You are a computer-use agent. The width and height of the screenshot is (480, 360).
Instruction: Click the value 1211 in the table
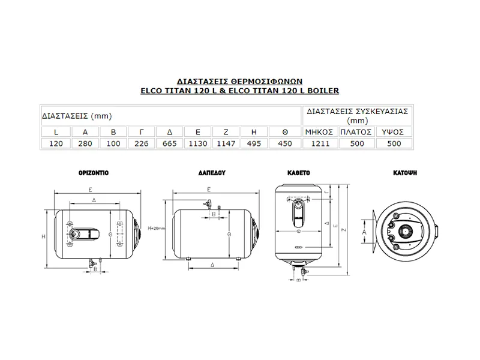(319, 143)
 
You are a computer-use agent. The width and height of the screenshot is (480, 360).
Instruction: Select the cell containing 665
(170, 143)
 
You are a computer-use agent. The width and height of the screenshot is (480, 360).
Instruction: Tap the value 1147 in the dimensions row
(226, 143)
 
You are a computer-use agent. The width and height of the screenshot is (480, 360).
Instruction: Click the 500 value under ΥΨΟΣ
(394, 143)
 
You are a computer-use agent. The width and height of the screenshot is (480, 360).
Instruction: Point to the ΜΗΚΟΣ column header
(319, 131)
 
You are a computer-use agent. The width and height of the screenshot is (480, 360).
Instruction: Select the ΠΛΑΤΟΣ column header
(356, 131)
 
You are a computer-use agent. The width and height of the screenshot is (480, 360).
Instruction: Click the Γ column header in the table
(142, 131)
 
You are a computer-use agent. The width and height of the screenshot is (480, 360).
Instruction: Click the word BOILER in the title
(324, 91)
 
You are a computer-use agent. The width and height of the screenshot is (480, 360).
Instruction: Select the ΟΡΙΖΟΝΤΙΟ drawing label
(93, 172)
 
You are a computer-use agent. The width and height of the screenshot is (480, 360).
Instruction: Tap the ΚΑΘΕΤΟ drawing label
(299, 172)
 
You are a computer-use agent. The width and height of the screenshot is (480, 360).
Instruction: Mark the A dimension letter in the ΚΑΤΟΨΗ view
(364, 229)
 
